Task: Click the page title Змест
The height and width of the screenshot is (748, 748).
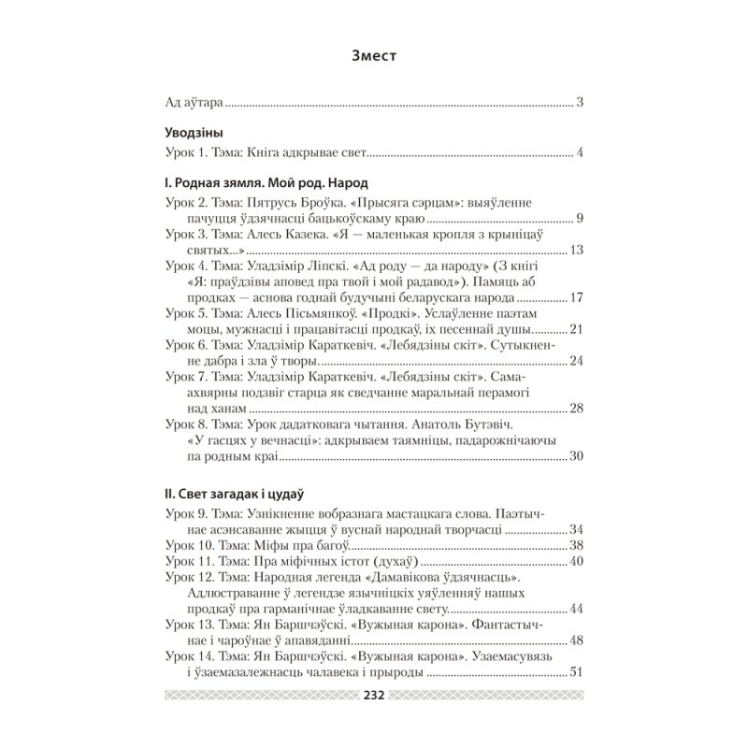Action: (373, 55)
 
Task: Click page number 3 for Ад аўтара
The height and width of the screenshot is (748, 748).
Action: (580, 101)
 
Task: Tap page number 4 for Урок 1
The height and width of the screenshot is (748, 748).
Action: (580, 152)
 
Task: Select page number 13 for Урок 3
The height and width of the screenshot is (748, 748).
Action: (576, 251)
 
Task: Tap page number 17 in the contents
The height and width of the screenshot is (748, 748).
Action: (576, 297)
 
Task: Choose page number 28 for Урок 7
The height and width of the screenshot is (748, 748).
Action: (576, 408)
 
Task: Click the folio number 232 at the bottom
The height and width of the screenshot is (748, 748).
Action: (373, 696)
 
